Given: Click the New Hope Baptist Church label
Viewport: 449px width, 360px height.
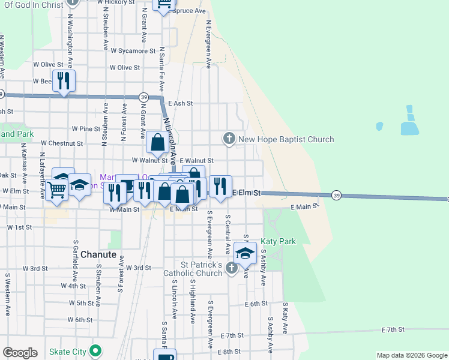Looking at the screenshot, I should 286,140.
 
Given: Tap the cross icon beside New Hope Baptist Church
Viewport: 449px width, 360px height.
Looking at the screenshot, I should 229,139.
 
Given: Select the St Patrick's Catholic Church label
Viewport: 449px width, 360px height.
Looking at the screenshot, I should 202,269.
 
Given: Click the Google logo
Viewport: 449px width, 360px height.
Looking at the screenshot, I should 20,353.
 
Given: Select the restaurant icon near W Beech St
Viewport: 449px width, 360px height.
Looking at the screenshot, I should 64,81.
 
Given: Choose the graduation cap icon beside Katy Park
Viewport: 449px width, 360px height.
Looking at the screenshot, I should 245,252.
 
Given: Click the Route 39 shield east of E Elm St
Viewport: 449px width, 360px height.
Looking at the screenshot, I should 336,195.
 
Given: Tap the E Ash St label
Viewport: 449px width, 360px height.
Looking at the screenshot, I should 180,103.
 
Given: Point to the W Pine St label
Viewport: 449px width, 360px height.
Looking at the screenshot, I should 86,128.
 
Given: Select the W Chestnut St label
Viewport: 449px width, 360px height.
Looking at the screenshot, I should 62,143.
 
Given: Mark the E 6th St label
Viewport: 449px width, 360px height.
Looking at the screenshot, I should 256,304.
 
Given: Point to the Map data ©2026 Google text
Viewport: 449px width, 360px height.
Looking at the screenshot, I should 411,355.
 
